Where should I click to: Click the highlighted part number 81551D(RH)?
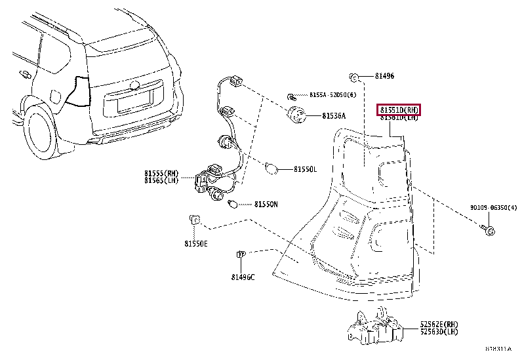point(398,110)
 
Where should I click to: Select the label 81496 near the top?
point(385,77)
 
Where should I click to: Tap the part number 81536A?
point(334,116)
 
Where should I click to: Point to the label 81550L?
point(305,169)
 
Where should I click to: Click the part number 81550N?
point(266,205)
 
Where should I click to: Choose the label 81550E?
point(195,244)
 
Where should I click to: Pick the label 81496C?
point(243,277)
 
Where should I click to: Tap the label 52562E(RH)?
point(439,325)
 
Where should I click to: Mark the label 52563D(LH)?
point(439,332)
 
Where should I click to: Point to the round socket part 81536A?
point(298,115)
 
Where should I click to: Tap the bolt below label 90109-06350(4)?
point(489,230)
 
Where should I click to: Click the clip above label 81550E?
point(194,219)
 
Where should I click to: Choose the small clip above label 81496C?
point(240,255)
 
